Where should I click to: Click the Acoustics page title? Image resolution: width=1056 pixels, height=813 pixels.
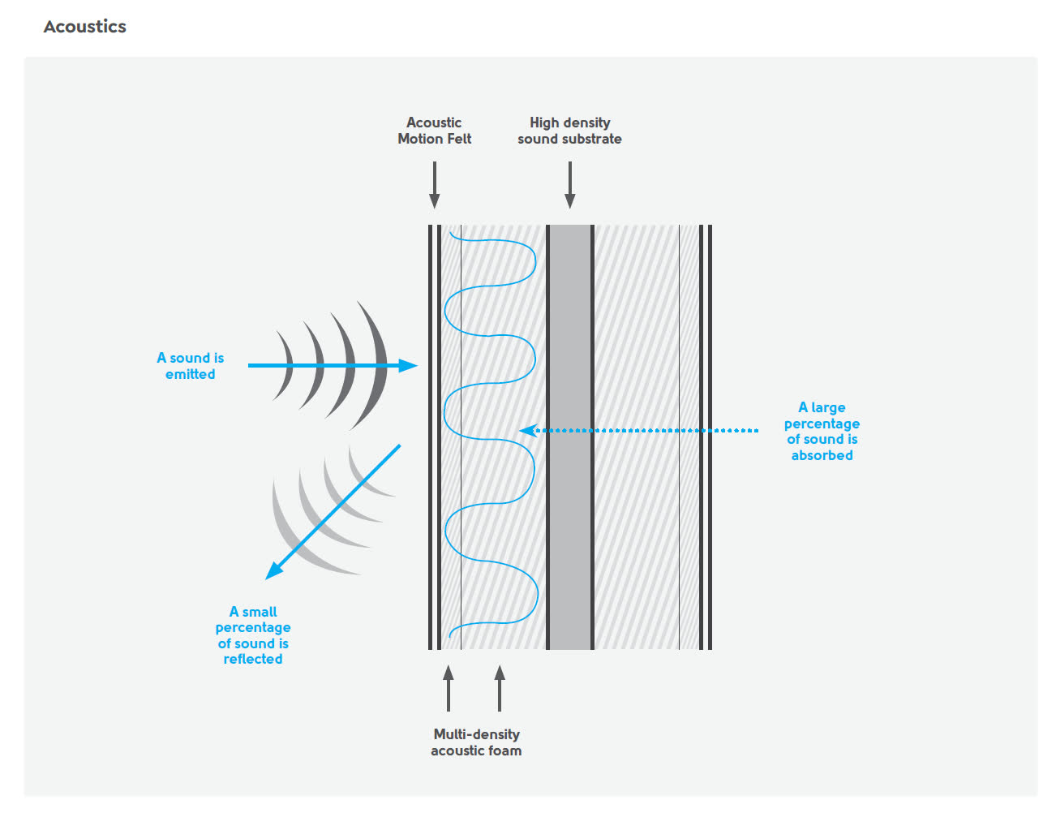pos(85,27)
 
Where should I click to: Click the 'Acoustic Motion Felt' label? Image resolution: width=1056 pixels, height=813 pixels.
pos(434,131)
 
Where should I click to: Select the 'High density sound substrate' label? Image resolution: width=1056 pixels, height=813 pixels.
pos(569,131)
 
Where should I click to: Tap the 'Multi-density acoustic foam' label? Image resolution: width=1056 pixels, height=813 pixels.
pos(476,742)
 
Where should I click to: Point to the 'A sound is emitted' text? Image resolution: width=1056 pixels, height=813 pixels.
pos(191,366)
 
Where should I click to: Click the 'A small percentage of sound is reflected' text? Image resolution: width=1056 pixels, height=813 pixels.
pos(253,635)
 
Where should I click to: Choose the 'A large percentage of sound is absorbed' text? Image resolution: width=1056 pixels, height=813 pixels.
pos(822,432)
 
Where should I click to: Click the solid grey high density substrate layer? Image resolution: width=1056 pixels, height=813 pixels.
pos(570,438)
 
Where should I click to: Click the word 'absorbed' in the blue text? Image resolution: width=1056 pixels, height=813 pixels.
pos(822,456)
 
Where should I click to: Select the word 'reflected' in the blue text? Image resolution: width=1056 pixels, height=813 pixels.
pos(253,660)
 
